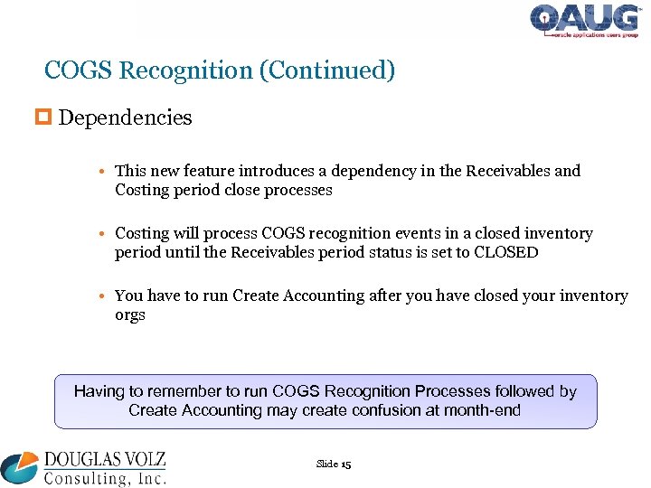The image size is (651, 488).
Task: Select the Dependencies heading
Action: click(x=125, y=117)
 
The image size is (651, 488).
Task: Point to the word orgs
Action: click(x=130, y=315)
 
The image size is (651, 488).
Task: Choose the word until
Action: click(x=182, y=252)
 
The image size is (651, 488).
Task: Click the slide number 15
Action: click(x=345, y=465)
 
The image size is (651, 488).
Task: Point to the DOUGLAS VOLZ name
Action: click(x=105, y=459)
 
